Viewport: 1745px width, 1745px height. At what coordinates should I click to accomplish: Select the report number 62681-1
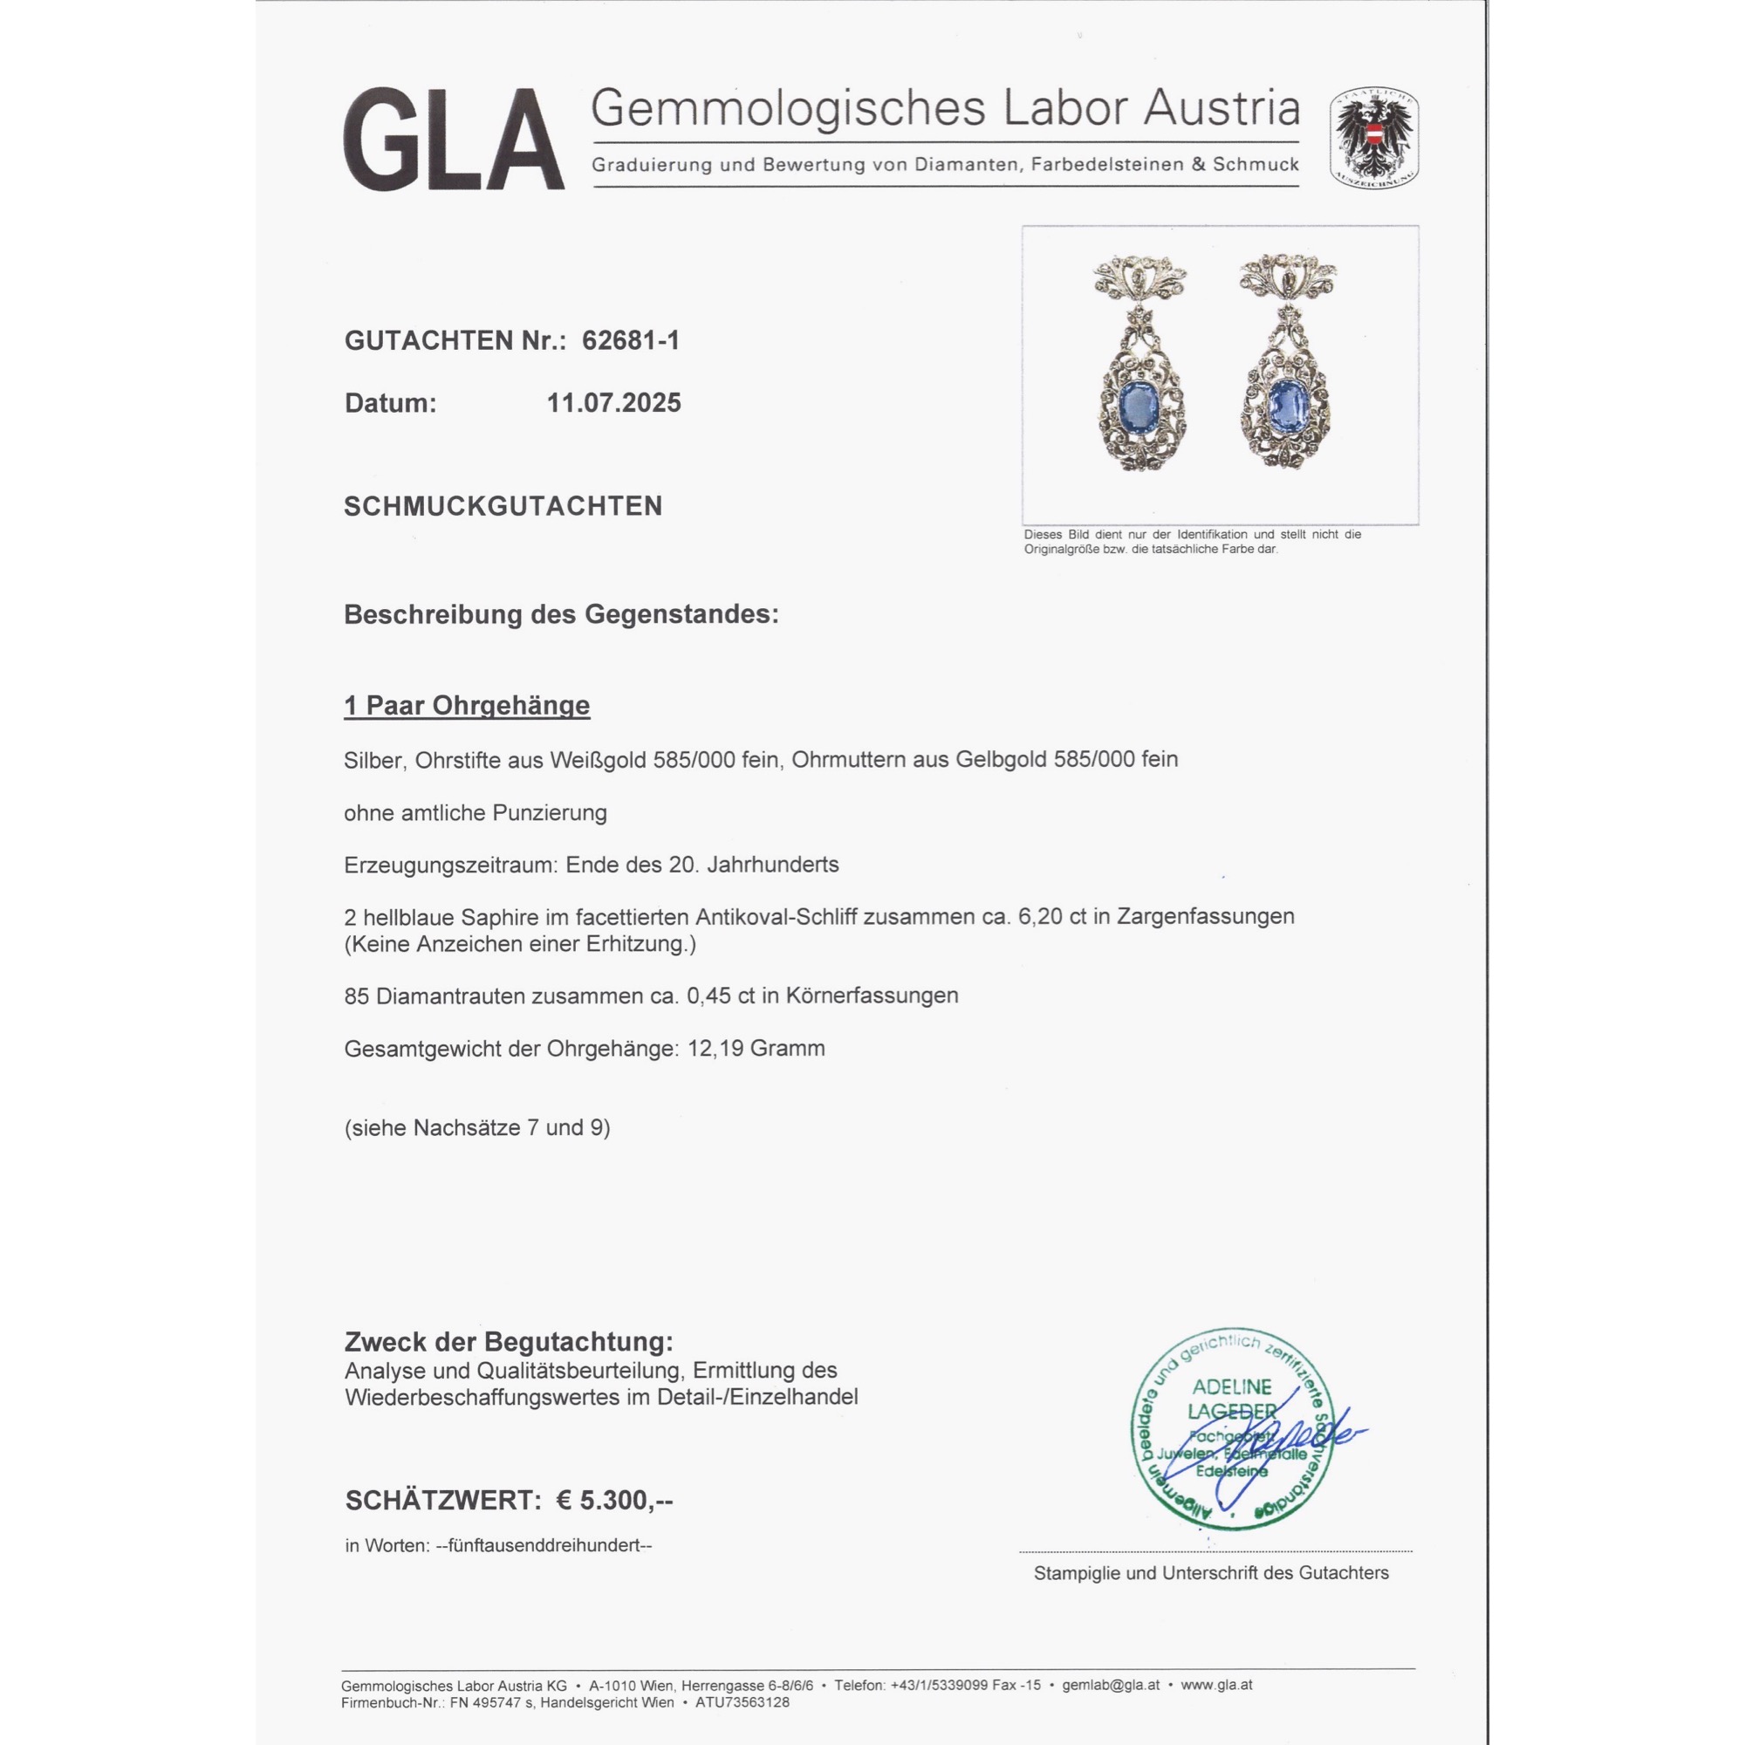[631, 340]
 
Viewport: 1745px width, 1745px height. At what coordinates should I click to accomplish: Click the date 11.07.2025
[613, 403]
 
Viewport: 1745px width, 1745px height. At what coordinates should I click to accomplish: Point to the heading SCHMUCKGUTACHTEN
[503, 506]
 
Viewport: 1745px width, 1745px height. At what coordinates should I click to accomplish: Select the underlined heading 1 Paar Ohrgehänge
[466, 705]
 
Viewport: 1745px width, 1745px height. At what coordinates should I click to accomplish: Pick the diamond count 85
[357, 996]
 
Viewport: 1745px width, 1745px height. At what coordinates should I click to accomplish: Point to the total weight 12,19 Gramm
[756, 1049]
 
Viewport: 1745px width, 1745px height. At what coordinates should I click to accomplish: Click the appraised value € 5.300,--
[614, 1500]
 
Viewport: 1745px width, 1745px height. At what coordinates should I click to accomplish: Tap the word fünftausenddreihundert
[544, 1545]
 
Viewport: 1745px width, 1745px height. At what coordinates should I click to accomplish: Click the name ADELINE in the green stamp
[1231, 1387]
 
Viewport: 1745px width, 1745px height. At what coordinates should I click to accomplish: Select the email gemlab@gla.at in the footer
[1110, 1686]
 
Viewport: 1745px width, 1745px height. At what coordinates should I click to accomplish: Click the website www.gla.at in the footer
[1215, 1686]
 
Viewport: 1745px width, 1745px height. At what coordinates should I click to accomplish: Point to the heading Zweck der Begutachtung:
[509, 1342]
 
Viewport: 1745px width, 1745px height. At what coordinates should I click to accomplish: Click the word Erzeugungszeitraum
[448, 865]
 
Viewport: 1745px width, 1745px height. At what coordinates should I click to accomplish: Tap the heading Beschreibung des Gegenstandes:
[561, 614]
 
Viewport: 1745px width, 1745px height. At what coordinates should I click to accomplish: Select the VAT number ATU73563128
[742, 1702]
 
